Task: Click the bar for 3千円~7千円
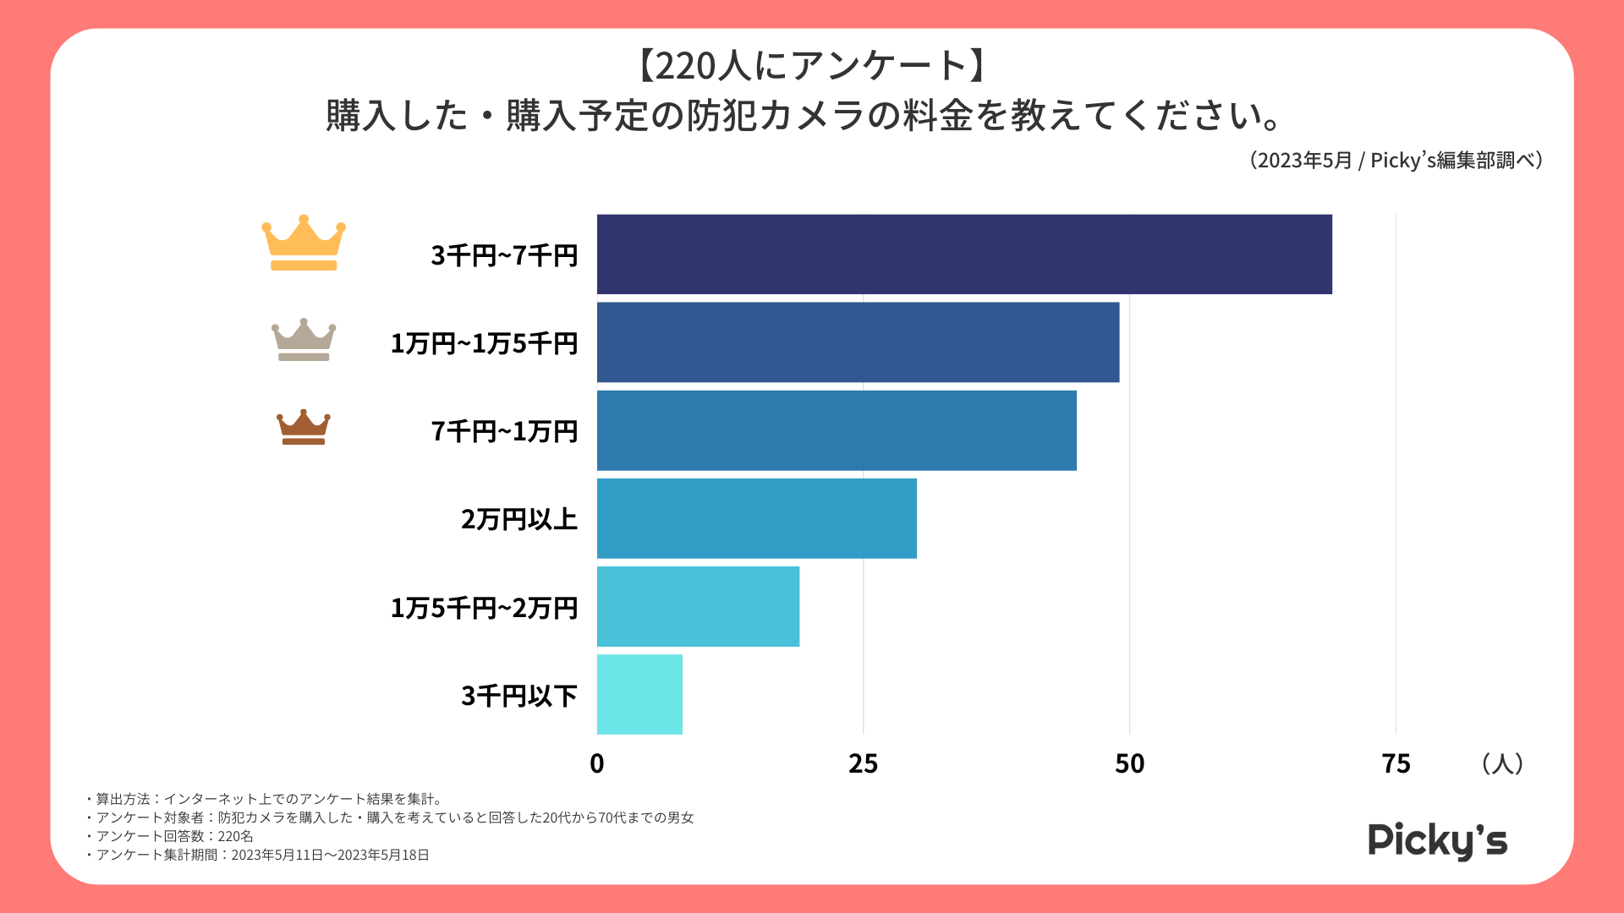(964, 254)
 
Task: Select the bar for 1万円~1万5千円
(858, 342)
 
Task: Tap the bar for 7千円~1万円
(837, 430)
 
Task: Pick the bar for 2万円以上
(756, 518)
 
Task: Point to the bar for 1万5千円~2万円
(698, 606)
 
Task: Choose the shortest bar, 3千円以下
(639, 694)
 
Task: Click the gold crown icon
(304, 243)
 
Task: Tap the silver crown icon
(304, 340)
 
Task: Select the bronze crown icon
(304, 427)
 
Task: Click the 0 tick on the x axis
(597, 764)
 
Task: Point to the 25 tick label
(864, 764)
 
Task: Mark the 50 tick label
(1130, 764)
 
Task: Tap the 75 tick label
(1396, 764)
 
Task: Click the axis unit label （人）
(1502, 764)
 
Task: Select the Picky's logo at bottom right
(1437, 841)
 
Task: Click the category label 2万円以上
(519, 519)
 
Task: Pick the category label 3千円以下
(519, 696)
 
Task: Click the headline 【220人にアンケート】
(811, 66)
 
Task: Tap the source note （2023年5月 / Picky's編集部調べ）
(1396, 161)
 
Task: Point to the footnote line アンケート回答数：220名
(174, 836)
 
